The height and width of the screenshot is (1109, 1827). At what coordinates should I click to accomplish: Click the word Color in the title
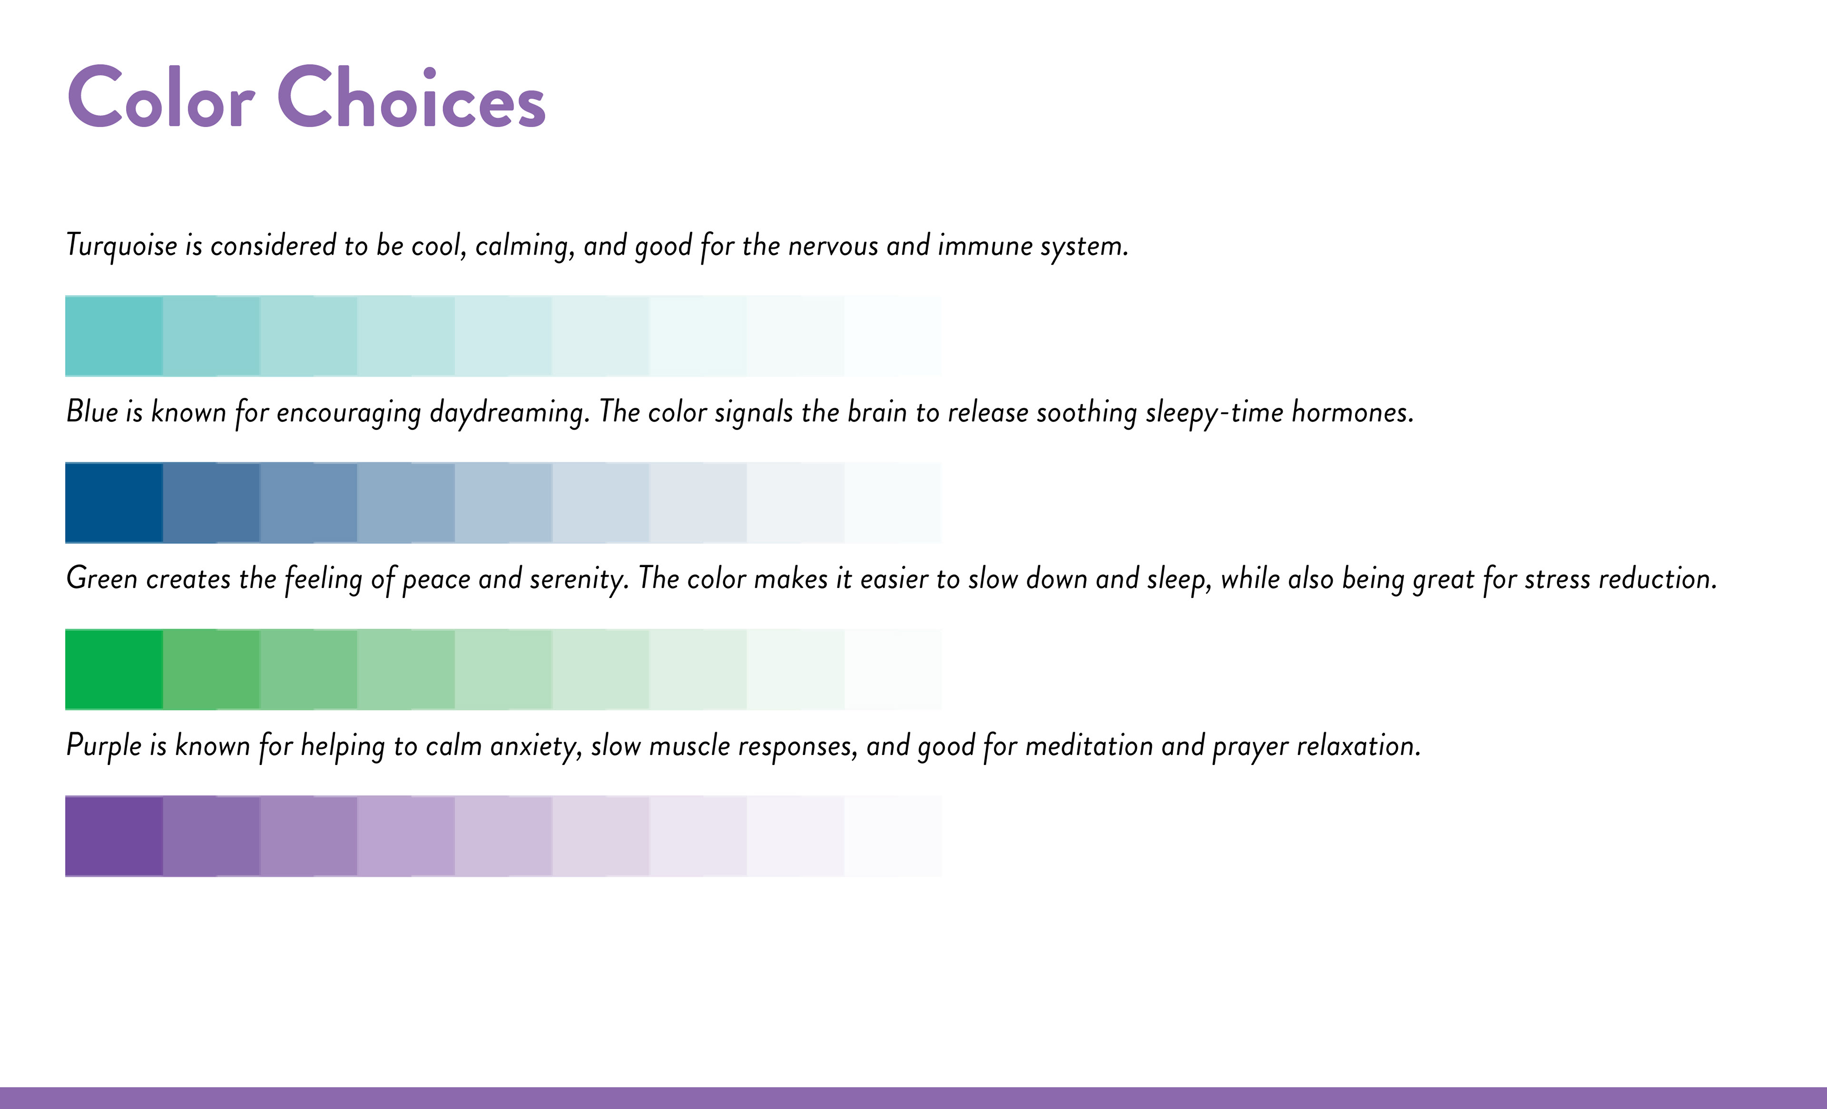pos(161,97)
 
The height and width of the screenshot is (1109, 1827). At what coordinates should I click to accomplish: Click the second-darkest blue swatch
pos(211,502)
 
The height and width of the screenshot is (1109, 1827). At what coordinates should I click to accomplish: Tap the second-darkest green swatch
pos(211,669)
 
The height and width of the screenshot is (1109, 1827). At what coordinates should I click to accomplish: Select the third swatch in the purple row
pos(308,836)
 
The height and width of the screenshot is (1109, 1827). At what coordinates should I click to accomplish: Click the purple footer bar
pos(913,1098)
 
